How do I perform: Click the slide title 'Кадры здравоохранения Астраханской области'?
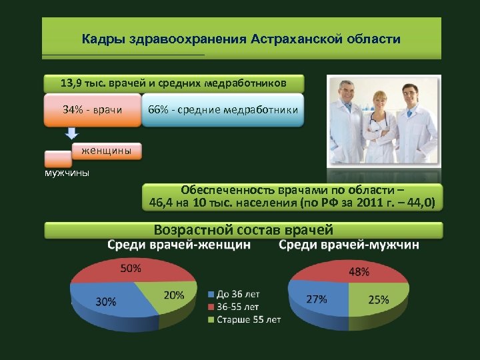(241, 39)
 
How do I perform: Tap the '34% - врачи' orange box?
(92, 109)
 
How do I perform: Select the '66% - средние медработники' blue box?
(223, 109)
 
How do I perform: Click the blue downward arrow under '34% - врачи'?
(72, 133)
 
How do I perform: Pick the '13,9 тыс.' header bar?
(174, 83)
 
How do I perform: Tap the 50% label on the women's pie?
(130, 269)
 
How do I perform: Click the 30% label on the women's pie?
(105, 301)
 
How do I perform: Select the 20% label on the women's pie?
(173, 295)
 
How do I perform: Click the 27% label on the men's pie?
(316, 299)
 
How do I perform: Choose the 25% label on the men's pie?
(379, 300)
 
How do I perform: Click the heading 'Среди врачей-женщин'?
(179, 245)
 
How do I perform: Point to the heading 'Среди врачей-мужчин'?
(349, 245)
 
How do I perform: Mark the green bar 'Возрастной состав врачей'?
(243, 231)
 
